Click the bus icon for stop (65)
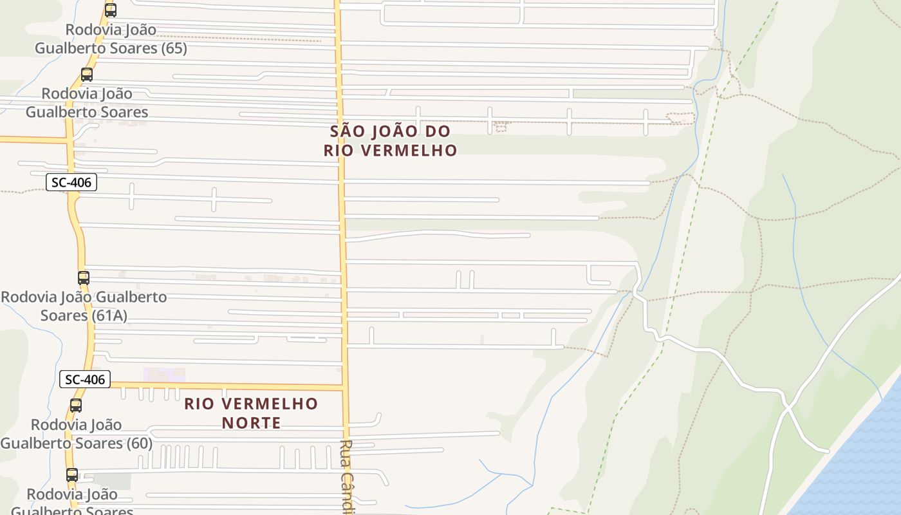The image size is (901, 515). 111,10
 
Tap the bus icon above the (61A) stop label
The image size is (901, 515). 83,277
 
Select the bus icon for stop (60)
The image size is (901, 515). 76,405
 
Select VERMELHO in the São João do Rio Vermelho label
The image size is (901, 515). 410,151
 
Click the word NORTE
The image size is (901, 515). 252,423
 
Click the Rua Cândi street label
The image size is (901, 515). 348,476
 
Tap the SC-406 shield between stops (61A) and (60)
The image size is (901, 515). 85,380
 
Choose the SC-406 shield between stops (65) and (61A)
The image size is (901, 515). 71,183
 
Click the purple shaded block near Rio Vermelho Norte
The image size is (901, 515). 164,375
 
